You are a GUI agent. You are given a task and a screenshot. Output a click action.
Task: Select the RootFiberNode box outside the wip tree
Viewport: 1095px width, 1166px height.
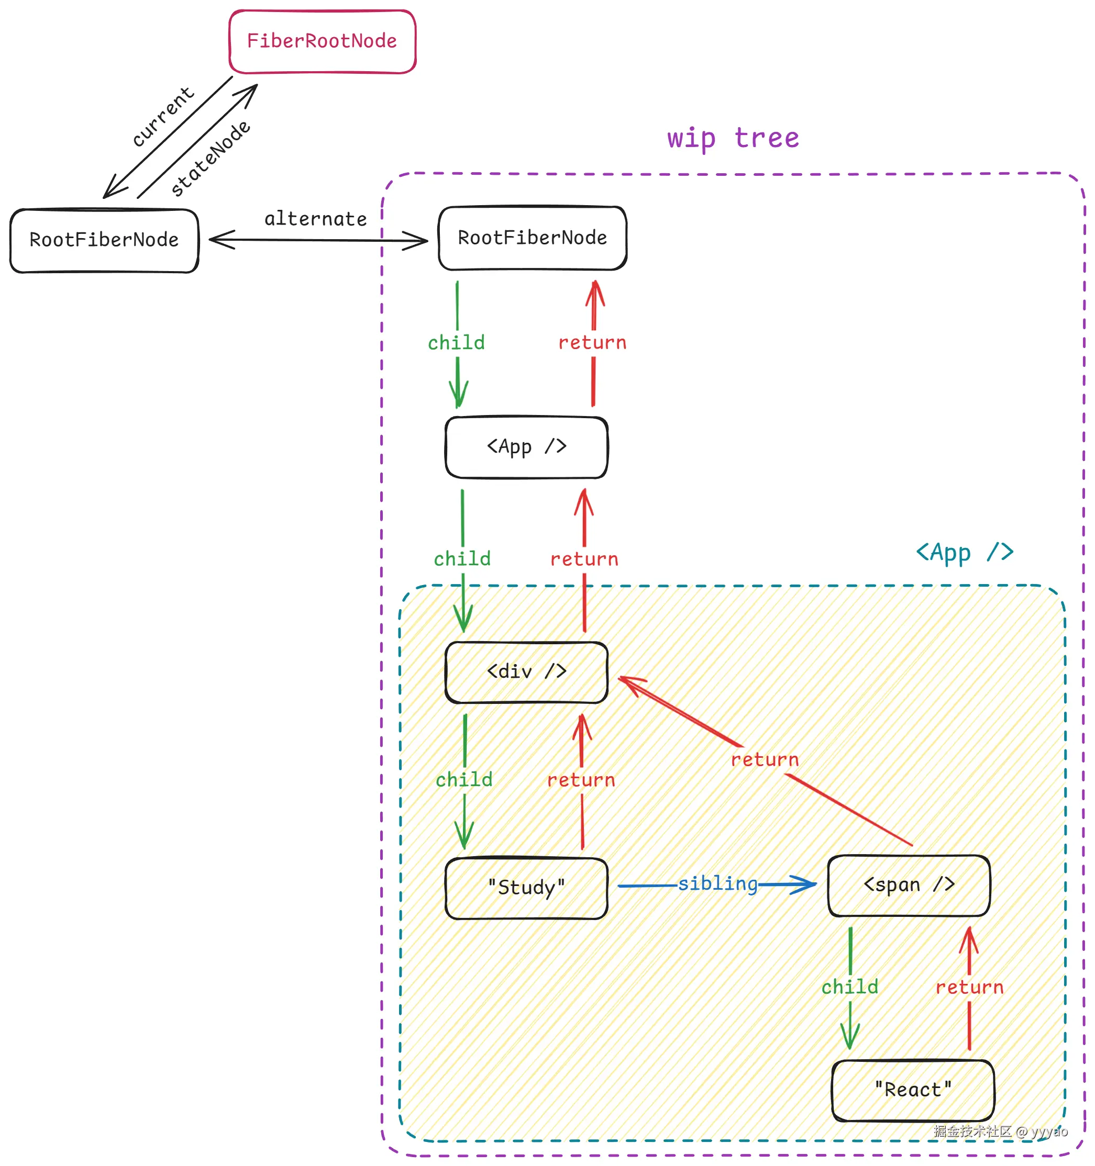(104, 240)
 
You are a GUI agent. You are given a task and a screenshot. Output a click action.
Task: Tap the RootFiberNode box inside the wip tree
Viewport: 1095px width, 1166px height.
(532, 238)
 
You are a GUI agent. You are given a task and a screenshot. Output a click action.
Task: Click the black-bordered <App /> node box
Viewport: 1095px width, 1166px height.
(526, 447)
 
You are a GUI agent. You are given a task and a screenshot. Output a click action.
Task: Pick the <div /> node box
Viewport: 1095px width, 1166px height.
(526, 672)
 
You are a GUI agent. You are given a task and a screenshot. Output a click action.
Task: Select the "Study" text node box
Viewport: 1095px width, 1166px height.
(526, 888)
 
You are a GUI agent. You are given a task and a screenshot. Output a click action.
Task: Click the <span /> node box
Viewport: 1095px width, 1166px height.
(909, 885)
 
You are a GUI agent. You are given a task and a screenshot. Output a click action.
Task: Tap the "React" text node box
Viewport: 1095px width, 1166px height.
(912, 1090)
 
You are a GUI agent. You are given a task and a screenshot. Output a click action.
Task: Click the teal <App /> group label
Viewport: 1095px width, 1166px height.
(965, 553)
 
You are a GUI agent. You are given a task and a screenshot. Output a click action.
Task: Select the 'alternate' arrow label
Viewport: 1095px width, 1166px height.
(316, 219)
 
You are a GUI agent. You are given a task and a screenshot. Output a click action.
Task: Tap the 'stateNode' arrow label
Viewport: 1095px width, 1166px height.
(210, 159)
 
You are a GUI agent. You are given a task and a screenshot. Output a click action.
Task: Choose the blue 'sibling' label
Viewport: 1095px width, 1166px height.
(717, 884)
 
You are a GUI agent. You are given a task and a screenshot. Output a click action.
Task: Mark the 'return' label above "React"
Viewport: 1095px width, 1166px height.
(969, 987)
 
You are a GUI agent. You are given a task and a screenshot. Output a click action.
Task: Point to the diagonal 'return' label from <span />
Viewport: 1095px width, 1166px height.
(765, 760)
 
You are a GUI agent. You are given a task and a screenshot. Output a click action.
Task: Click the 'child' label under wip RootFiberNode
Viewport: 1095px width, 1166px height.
(456, 343)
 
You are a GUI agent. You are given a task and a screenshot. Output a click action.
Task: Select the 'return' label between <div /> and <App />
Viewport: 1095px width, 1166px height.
(584, 559)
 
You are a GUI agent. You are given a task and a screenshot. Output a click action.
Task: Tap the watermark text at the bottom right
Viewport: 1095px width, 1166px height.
(1001, 1131)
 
